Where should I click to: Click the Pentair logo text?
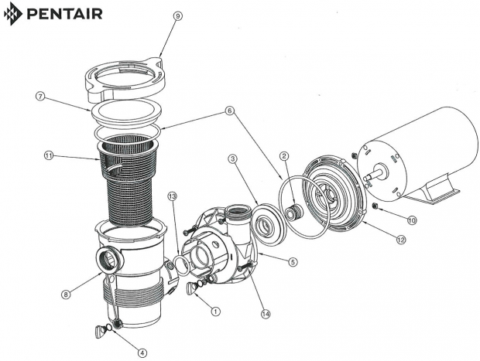pyautogui.click(x=62, y=15)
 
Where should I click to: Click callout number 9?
pyautogui.click(x=179, y=15)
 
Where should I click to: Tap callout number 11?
pyautogui.click(x=49, y=157)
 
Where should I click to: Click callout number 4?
pyautogui.click(x=141, y=348)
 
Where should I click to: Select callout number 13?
pyautogui.click(x=173, y=196)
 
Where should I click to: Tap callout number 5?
pyautogui.click(x=292, y=262)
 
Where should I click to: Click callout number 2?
pyautogui.click(x=284, y=156)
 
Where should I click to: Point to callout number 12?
pyautogui.click(x=400, y=240)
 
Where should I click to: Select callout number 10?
pyautogui.click(x=412, y=220)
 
